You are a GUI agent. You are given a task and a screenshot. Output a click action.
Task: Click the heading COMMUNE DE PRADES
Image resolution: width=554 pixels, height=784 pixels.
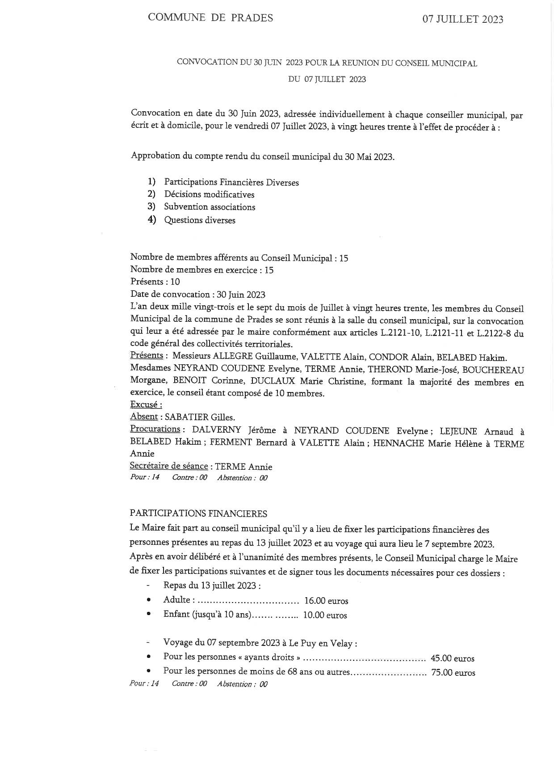[210, 18]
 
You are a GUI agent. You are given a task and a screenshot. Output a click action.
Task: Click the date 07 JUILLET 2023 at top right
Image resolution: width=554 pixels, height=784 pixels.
[463, 19]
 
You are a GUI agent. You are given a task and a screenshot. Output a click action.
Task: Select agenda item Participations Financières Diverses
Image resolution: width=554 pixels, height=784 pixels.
[231, 182]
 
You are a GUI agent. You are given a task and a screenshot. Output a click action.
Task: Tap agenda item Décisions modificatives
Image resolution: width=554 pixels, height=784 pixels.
[209, 194]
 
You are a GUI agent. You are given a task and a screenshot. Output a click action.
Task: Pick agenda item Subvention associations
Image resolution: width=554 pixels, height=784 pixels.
[210, 207]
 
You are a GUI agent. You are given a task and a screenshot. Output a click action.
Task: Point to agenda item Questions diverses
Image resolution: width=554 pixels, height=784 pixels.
[200, 220]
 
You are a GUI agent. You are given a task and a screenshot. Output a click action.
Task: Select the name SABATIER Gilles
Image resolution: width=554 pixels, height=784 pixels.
[200, 417]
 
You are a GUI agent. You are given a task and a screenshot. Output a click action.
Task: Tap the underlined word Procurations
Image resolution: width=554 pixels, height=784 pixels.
[155, 429]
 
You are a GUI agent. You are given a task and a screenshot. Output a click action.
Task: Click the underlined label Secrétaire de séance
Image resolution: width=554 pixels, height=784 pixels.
[168, 466]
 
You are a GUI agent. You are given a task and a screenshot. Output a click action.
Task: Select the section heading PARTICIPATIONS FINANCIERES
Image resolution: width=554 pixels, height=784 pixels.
[198, 514]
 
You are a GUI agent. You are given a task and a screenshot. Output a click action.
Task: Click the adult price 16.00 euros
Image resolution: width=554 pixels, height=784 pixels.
[326, 601]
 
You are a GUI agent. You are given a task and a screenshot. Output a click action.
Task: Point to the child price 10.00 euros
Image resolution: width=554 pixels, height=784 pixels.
[325, 615]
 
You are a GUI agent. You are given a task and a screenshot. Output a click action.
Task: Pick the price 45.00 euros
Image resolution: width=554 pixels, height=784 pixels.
[452, 658]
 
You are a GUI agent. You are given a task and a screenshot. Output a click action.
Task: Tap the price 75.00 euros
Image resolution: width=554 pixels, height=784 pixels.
[453, 673]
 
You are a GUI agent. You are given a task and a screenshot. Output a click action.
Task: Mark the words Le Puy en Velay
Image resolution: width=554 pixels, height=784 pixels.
[321, 644]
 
